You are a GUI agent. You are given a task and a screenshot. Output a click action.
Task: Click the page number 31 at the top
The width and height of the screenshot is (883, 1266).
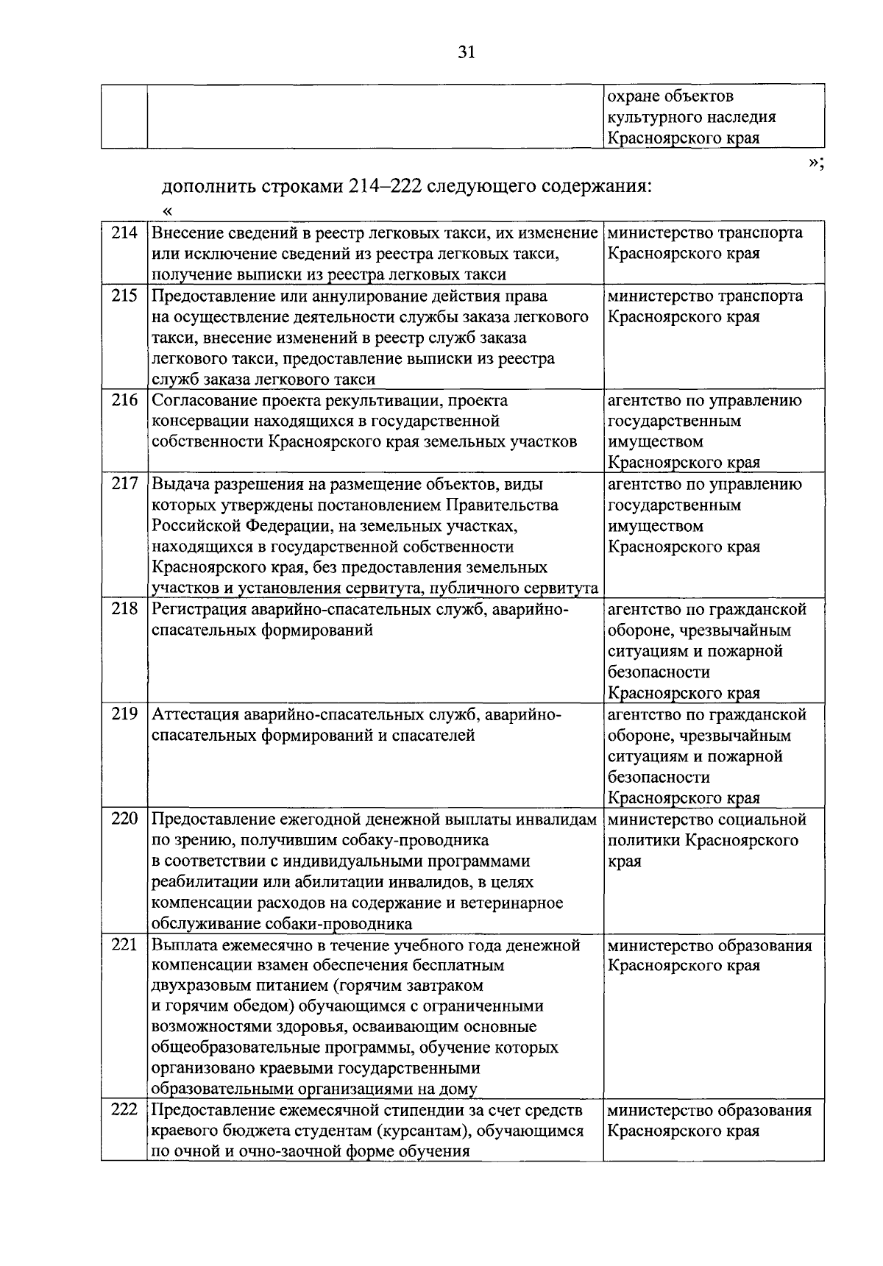tap(467, 51)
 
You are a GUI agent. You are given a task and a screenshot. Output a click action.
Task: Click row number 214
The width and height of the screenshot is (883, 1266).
tap(124, 233)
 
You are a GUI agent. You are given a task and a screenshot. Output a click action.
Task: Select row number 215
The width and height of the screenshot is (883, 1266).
tap(124, 296)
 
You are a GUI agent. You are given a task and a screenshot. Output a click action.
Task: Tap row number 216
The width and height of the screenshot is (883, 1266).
tap(124, 401)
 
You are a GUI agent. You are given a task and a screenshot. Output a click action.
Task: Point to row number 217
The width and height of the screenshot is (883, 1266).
tap(124, 485)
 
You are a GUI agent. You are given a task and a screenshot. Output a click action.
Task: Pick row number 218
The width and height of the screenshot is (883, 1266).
tap(124, 610)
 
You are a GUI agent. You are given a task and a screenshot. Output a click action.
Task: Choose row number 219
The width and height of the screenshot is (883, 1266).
tap(124, 715)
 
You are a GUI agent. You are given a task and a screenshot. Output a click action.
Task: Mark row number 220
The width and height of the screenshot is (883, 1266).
tap(124, 819)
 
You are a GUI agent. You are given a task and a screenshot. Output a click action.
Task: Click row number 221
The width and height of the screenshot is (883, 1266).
tap(124, 945)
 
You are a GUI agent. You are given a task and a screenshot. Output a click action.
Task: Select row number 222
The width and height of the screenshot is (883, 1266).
tap(124, 1110)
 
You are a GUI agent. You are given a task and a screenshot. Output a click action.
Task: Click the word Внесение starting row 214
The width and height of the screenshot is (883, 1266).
tap(184, 233)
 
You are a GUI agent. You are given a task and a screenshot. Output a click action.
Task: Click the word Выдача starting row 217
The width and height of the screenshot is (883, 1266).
tap(177, 485)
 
